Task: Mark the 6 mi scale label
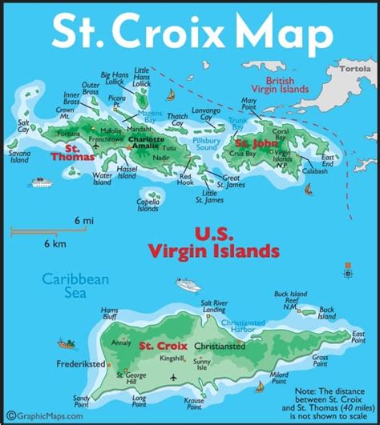[x=82, y=219]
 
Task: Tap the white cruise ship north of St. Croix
[x=186, y=284]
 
